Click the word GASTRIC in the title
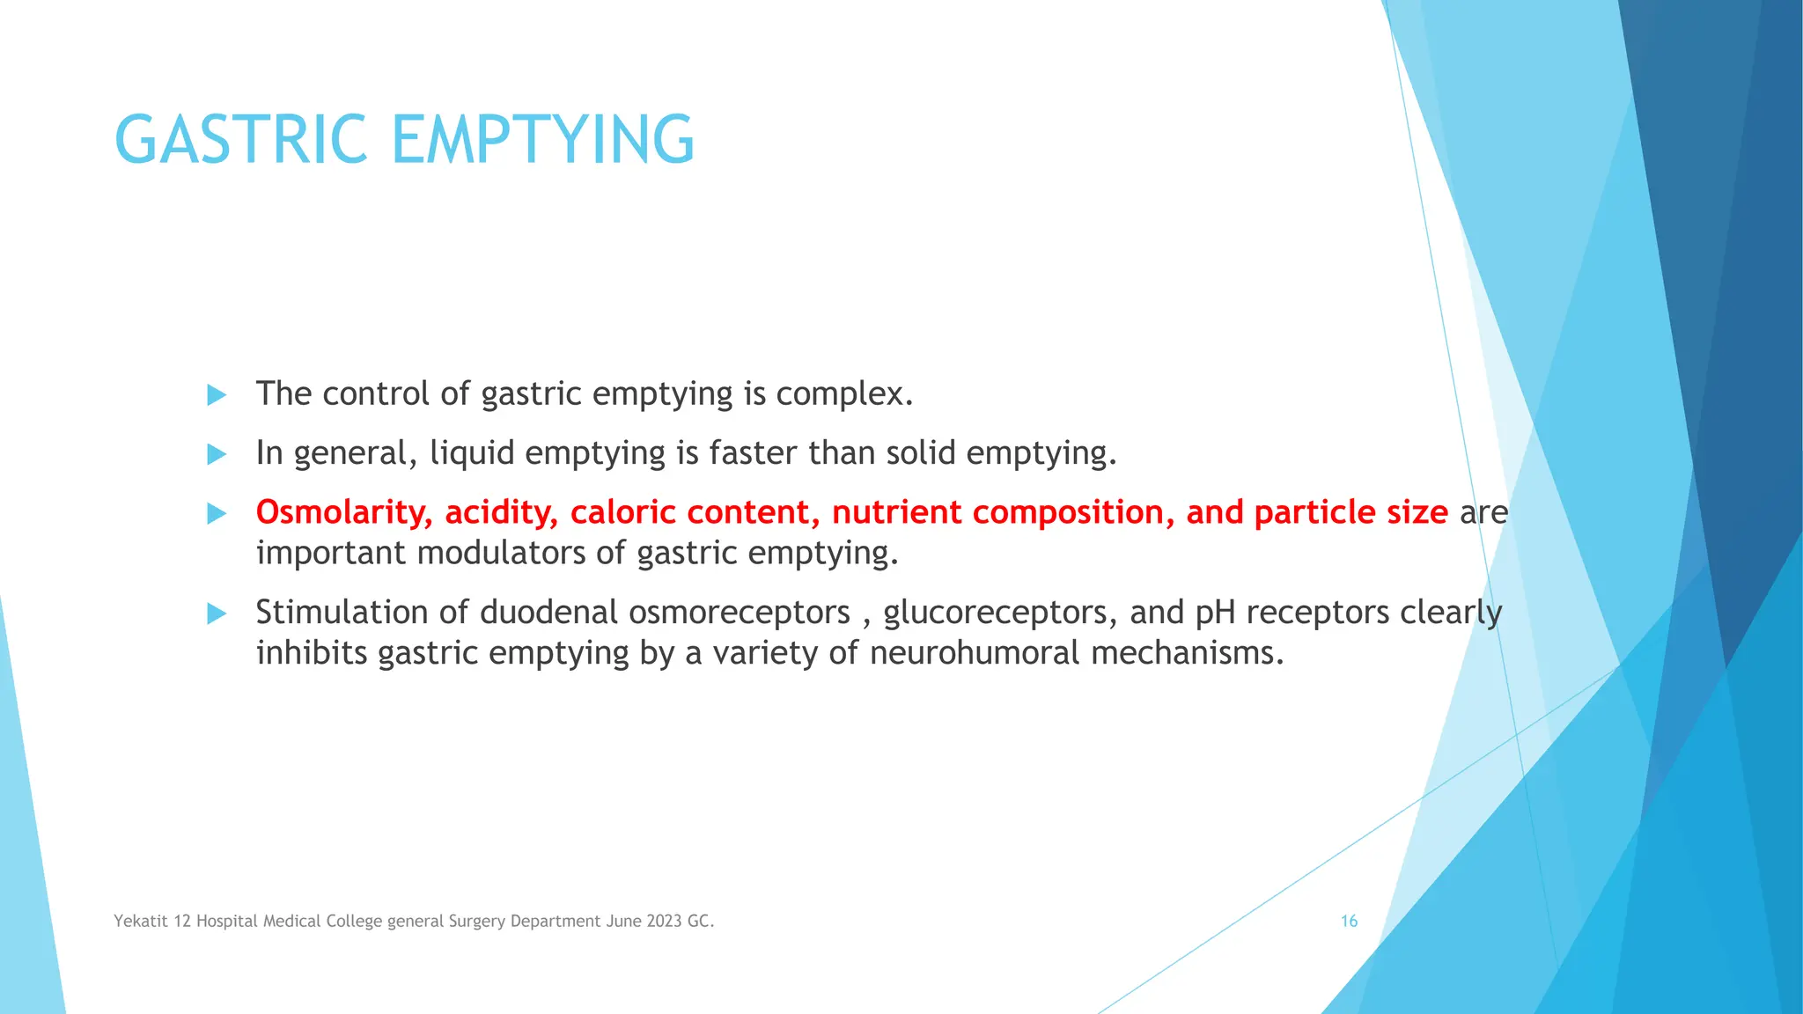point(240,140)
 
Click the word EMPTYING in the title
point(542,140)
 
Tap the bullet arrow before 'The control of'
point(217,394)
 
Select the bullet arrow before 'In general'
point(217,454)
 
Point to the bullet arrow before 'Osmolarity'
point(217,513)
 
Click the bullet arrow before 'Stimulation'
point(217,614)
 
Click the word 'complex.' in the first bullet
point(843,394)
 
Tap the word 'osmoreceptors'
point(739,612)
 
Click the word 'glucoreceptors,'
point(999,612)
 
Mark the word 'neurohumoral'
point(974,653)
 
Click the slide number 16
point(1349,921)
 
